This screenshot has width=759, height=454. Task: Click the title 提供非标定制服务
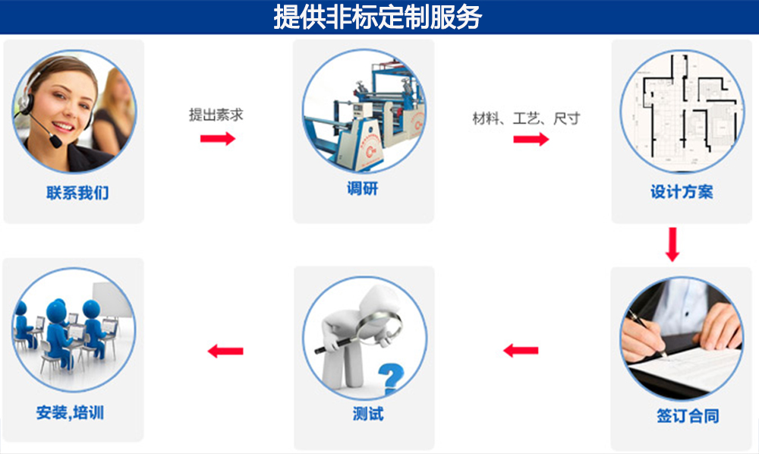pyautogui.click(x=377, y=17)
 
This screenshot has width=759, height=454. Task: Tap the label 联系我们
pyautogui.click(x=77, y=193)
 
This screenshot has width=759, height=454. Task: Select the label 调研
pyautogui.click(x=363, y=188)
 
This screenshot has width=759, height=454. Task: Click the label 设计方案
pyautogui.click(x=682, y=191)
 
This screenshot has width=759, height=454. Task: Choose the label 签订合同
pyautogui.click(x=688, y=415)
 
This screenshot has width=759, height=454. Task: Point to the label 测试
pyautogui.click(x=368, y=414)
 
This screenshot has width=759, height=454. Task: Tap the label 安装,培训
pyautogui.click(x=70, y=412)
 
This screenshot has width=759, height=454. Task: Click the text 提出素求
pyautogui.click(x=216, y=115)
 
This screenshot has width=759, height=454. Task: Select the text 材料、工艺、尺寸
pyautogui.click(x=526, y=118)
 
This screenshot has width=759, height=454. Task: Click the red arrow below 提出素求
pyautogui.click(x=218, y=139)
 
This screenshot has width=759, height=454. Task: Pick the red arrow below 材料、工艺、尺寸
pyautogui.click(x=531, y=140)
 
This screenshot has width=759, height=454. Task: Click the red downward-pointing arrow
pyautogui.click(x=672, y=244)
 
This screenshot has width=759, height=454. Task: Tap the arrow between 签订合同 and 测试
pyautogui.click(x=521, y=351)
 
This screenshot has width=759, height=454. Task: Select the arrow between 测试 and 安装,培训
pyautogui.click(x=225, y=351)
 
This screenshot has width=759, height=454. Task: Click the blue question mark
pyautogui.click(x=391, y=379)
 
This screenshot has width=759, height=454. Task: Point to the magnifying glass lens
pyautogui.click(x=379, y=327)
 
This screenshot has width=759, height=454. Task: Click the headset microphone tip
pyautogui.click(x=56, y=143)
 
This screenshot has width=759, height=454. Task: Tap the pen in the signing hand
pyautogui.click(x=647, y=334)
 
